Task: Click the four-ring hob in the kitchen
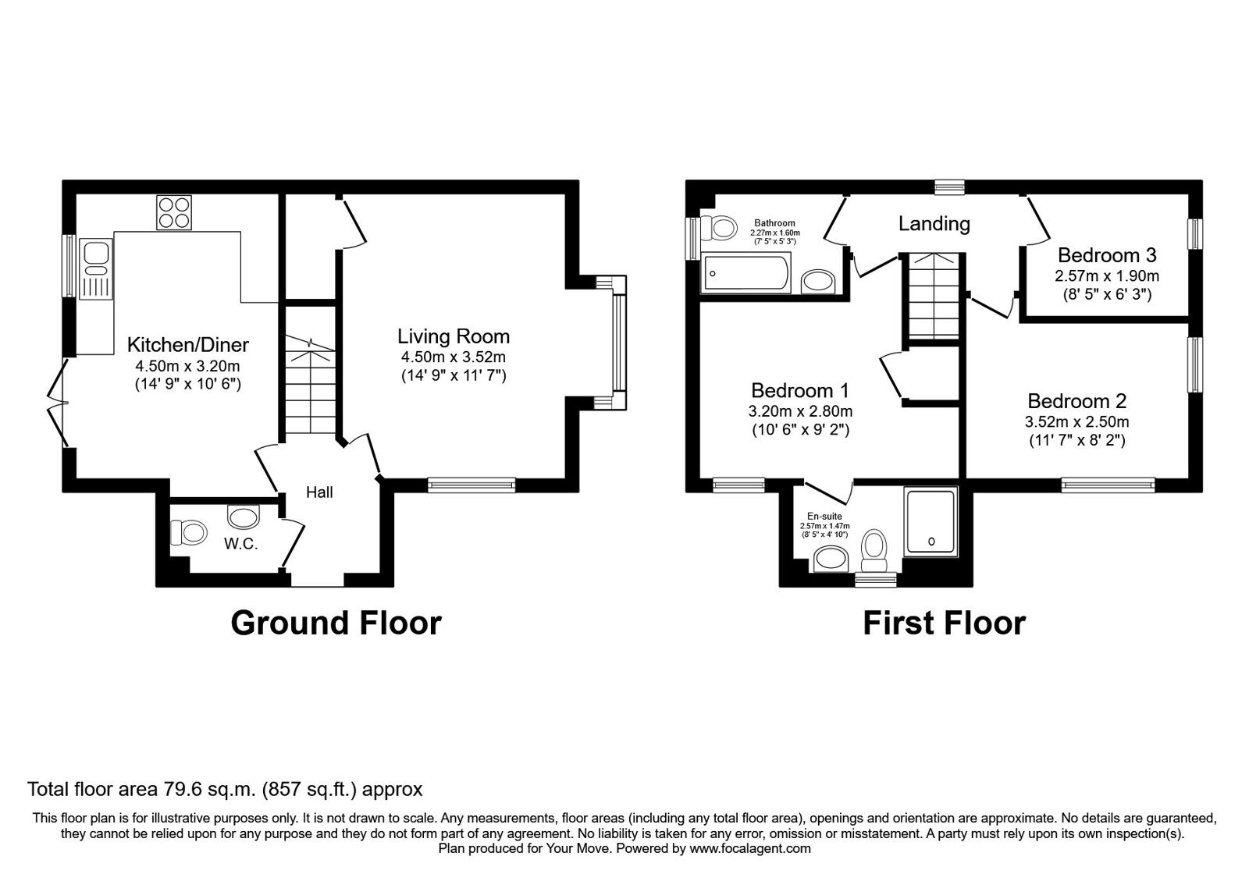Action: click(176, 211)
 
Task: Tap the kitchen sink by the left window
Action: click(98, 254)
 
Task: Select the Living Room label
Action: click(454, 336)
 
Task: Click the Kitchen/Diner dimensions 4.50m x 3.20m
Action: click(187, 366)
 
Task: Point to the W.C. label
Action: click(240, 545)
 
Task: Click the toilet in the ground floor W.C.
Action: click(188, 533)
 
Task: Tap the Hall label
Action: click(319, 492)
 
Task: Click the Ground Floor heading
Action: click(336, 623)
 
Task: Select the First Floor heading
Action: click(944, 623)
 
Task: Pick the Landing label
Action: click(934, 224)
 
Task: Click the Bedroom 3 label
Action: click(1107, 255)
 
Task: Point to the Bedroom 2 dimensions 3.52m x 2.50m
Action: click(1076, 422)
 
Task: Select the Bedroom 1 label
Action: click(800, 390)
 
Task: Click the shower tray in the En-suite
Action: click(931, 523)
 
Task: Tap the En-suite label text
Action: click(824, 517)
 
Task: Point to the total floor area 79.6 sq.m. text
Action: click(225, 789)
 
